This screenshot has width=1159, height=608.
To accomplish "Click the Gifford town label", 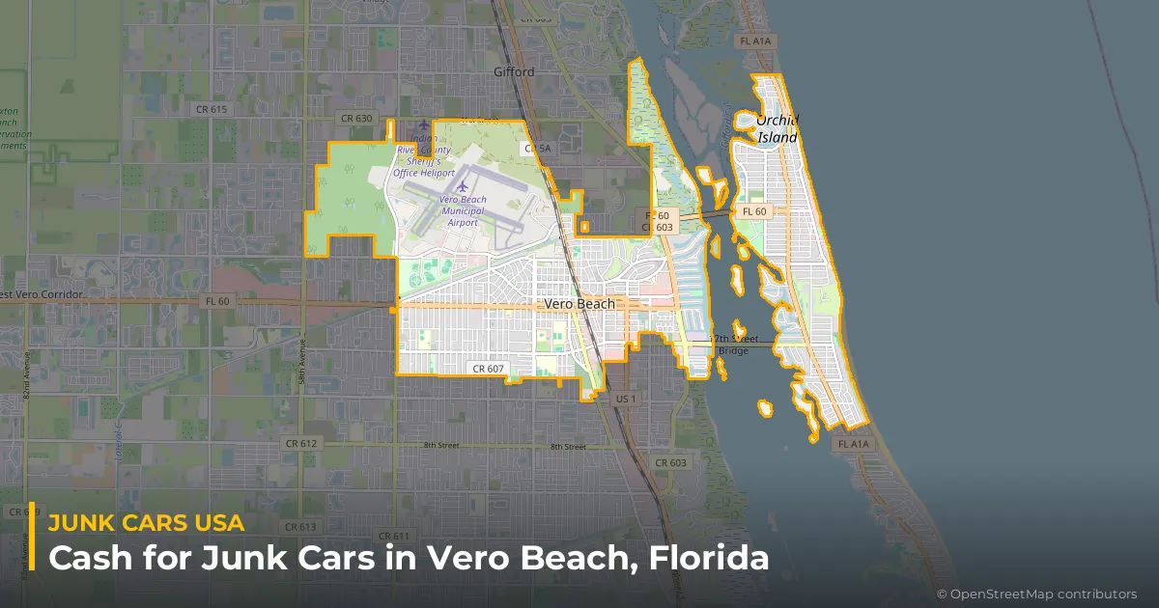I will [513, 72].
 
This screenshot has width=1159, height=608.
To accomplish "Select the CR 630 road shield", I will [355, 118].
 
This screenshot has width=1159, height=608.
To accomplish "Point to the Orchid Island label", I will [777, 129].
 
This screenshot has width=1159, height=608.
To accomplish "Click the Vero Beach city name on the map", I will [579, 303].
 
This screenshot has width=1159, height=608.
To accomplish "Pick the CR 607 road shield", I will [489, 369].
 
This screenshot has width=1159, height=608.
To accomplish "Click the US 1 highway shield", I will [626, 399].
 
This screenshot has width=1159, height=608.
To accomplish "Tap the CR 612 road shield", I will [301, 442].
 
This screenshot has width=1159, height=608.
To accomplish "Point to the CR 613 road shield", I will [300, 527].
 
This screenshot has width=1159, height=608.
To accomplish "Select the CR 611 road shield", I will [394, 536].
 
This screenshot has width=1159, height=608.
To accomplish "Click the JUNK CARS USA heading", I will [146, 523].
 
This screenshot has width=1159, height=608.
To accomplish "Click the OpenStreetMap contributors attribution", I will [1036, 594].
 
